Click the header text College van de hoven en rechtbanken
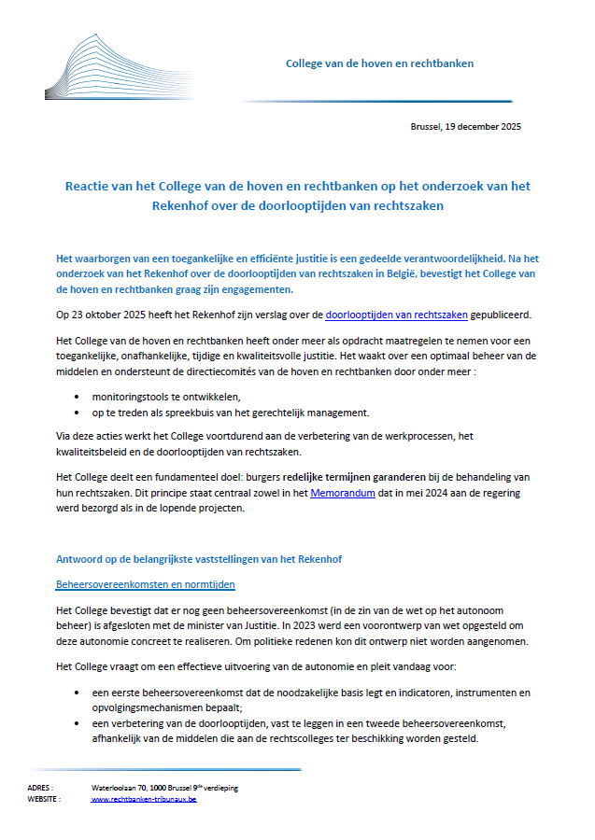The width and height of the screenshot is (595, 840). point(379,63)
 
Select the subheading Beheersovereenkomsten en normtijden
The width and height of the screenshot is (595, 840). point(146,584)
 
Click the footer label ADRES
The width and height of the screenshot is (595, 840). point(40,788)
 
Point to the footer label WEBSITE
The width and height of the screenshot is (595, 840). point(44,799)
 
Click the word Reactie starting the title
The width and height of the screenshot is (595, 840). point(86,187)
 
